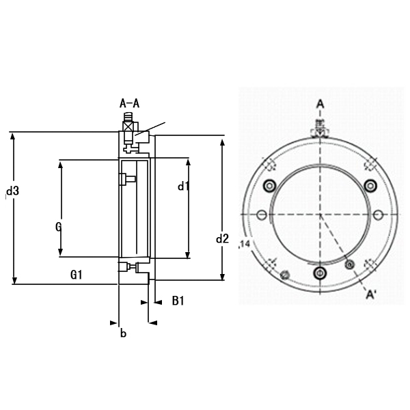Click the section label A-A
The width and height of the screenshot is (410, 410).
(x=129, y=104)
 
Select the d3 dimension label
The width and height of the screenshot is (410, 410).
(x=12, y=191)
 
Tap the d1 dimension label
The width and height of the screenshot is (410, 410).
(x=183, y=186)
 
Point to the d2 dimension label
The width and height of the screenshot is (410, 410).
(x=222, y=238)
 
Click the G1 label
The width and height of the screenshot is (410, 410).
(x=77, y=275)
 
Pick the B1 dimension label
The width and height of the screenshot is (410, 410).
(x=178, y=301)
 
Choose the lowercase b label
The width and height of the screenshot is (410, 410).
(x=123, y=333)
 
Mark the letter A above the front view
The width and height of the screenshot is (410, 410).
(x=319, y=104)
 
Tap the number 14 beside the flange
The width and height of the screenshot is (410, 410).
(x=244, y=244)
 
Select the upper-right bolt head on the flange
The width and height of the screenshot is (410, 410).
(x=370, y=184)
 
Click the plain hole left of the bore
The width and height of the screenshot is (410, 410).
(x=261, y=215)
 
